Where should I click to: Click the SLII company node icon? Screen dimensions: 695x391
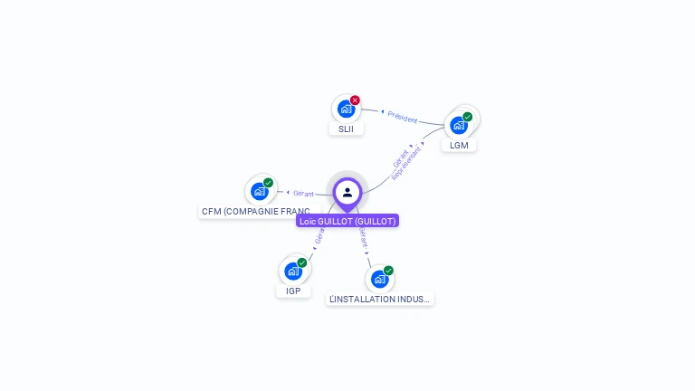click(x=345, y=110)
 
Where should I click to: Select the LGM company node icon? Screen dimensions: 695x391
click(x=459, y=125)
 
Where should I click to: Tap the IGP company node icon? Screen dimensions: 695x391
click(x=292, y=271)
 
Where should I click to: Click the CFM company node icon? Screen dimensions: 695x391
click(x=260, y=191)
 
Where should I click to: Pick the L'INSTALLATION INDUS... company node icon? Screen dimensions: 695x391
click(x=379, y=279)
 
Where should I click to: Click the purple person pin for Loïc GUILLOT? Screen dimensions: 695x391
click(x=347, y=192)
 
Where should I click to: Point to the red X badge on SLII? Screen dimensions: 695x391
click(x=355, y=100)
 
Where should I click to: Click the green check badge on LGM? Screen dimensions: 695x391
click(x=468, y=117)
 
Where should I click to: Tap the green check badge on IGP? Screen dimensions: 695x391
click(x=301, y=262)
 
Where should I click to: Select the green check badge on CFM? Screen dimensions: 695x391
click(x=269, y=183)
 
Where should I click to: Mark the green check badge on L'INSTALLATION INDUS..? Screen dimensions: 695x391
click(x=388, y=271)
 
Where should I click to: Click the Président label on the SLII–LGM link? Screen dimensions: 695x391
click(x=403, y=118)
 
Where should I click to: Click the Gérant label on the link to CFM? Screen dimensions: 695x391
click(x=303, y=194)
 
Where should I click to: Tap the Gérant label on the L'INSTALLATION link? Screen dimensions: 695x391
click(x=363, y=238)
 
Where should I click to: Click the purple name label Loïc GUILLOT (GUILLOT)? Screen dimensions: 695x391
click(x=347, y=221)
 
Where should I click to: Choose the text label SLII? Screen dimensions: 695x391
click(x=346, y=129)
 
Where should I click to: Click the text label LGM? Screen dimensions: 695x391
click(x=459, y=145)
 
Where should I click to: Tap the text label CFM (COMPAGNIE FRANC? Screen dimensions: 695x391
click(x=256, y=212)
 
